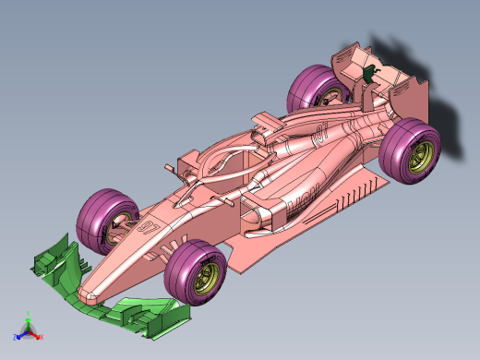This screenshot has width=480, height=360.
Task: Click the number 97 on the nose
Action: [x=147, y=226]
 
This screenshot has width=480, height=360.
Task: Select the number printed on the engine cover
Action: [x=320, y=132]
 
